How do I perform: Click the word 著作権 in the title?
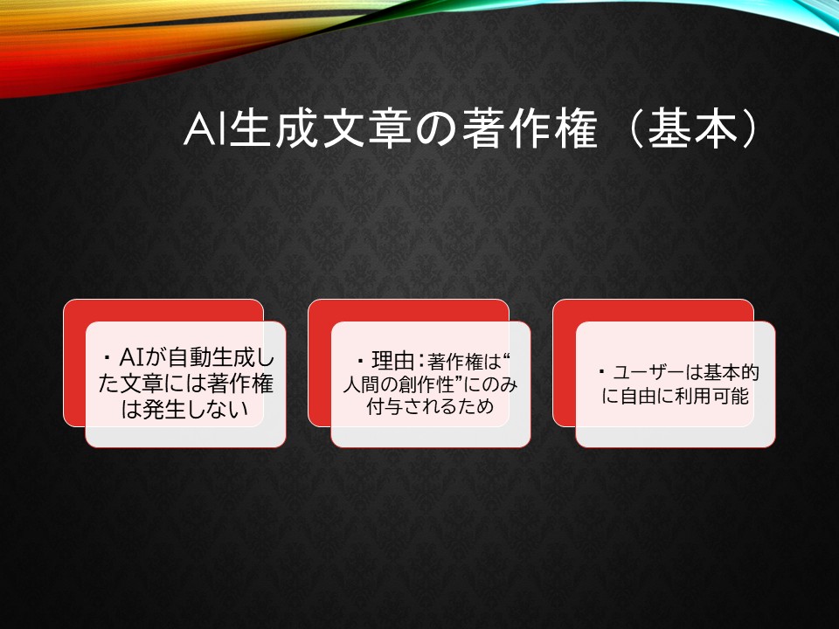pyautogui.click(x=530, y=129)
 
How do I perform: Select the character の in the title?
pyautogui.click(x=437, y=130)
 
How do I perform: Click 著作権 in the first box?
pyautogui.click(x=240, y=384)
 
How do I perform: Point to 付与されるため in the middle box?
pyautogui.click(x=430, y=406)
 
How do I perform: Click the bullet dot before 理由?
pyautogui.click(x=360, y=361)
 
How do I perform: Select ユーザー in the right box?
pyautogui.click(x=648, y=372)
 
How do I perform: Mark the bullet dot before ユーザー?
pyautogui.click(x=601, y=371)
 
